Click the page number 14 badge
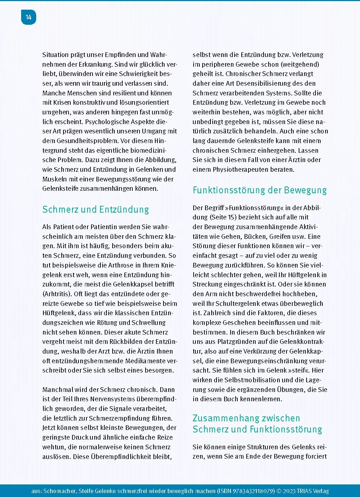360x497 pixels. (29, 17)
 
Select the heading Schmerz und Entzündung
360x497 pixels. (95, 209)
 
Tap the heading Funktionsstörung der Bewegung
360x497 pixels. (260, 190)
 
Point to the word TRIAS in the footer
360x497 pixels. (305, 491)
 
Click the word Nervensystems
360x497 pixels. (113, 399)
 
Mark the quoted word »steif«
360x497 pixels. (299, 370)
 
